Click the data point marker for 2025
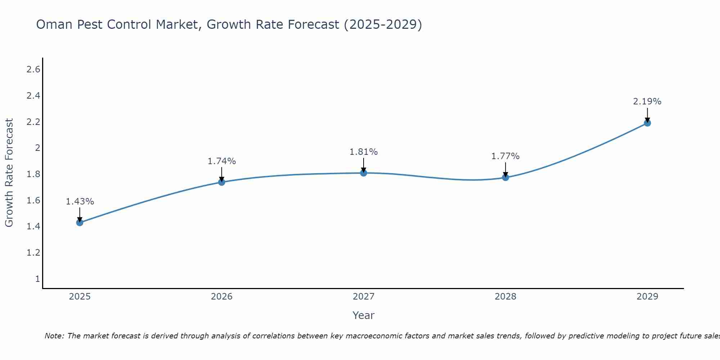pos(80,222)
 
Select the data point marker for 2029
pos(647,123)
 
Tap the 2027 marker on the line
pos(364,173)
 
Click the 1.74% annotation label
pos(221,161)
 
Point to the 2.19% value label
pos(647,102)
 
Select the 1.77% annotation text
pos(505,156)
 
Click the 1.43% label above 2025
pos(80,202)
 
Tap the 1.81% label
pos(364,152)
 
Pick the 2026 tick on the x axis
pos(221,297)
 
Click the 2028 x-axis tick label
pos(505,297)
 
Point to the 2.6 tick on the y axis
pos(33,69)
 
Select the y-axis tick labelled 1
pos(37,279)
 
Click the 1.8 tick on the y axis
pos(33,174)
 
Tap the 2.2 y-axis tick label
pos(33,122)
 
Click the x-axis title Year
pos(364,315)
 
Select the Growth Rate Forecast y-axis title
pos(9,173)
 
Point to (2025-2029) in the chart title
pos(383,24)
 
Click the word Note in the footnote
pos(54,336)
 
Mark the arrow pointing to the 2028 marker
pos(505,169)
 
